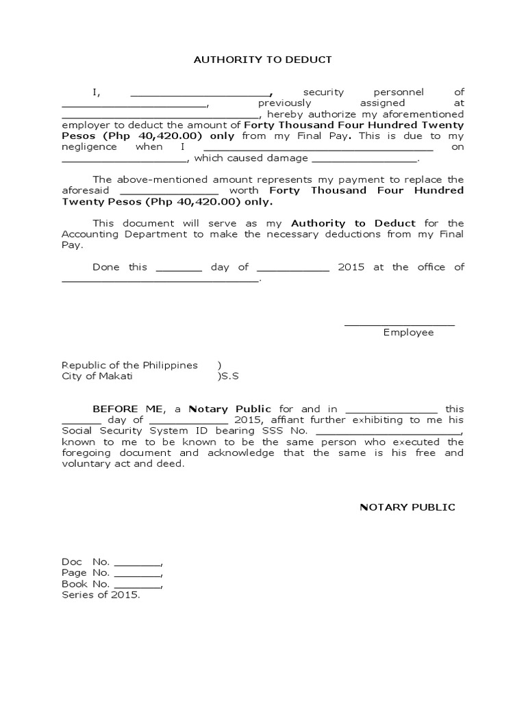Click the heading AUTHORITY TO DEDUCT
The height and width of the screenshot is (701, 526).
[263, 60]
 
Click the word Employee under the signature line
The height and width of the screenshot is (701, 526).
[408, 332]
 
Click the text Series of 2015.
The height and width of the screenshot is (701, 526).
[101, 595]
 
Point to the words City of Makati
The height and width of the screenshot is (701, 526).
[97, 376]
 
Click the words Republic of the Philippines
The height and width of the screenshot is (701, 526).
[129, 365]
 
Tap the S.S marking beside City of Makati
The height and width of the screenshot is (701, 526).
[229, 376]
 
